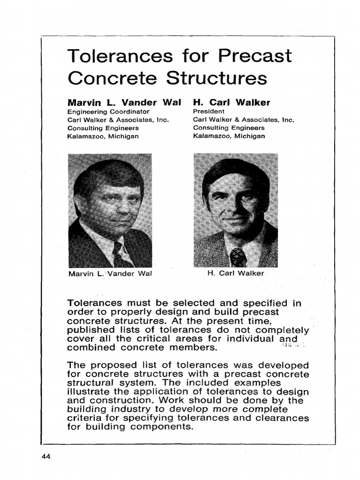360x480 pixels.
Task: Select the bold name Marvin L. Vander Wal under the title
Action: tap(124, 102)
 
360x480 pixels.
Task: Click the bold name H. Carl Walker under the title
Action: tap(232, 102)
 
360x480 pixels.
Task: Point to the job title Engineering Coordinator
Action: tap(108, 112)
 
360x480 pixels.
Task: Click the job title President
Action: tap(209, 112)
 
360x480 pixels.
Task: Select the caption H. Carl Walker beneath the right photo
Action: tap(235, 273)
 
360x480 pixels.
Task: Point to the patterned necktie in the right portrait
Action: tap(238, 256)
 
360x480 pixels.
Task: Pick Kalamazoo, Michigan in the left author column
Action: tap(103, 136)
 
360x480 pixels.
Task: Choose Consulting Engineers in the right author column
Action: tap(229, 128)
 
